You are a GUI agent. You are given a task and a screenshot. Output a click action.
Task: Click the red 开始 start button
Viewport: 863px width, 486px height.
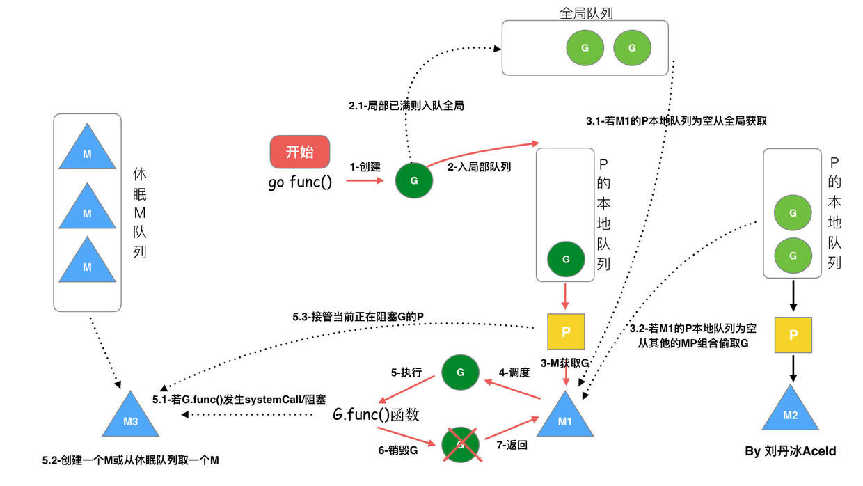click(299, 152)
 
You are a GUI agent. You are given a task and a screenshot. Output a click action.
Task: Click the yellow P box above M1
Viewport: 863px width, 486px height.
click(565, 331)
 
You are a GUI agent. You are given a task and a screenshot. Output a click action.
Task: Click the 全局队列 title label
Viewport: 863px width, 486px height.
click(586, 13)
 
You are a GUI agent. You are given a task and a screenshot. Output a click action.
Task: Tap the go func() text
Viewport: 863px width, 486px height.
click(300, 183)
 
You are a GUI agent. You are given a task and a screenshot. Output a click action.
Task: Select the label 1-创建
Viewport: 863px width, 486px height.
click(365, 167)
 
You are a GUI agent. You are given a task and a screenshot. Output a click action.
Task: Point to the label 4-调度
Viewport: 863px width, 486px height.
click(514, 373)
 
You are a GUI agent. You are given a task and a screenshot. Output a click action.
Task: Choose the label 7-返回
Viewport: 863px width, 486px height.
click(510, 444)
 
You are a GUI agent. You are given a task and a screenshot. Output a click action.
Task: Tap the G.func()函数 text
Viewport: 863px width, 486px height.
click(376, 415)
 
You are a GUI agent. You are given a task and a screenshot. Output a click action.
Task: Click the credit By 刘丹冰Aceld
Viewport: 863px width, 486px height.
click(790, 451)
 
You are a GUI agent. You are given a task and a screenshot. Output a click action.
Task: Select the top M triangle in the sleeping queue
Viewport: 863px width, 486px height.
click(87, 150)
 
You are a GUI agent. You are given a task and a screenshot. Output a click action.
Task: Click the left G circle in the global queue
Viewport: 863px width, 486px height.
click(585, 48)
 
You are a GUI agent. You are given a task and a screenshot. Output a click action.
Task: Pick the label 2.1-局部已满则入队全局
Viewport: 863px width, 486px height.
click(406, 107)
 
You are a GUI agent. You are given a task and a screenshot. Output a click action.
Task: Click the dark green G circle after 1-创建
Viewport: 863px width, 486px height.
click(414, 180)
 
